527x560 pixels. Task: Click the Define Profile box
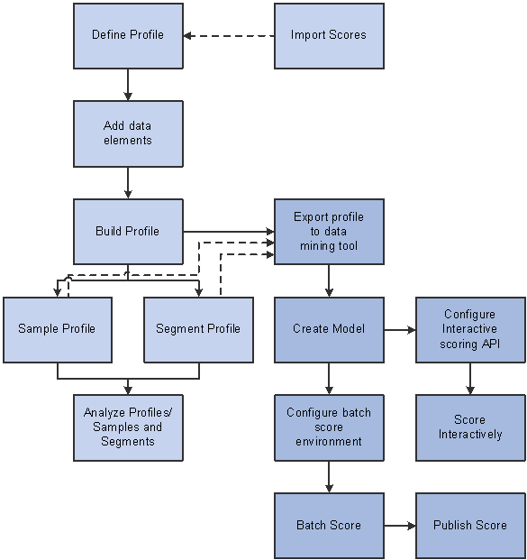coord(128,36)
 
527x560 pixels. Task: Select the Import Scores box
coord(329,36)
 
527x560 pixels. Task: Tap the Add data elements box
coord(128,133)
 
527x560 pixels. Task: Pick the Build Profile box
coord(128,232)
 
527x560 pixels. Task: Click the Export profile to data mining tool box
coord(329,232)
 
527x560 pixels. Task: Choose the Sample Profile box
coord(58,330)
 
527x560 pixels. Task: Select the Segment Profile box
coord(199,330)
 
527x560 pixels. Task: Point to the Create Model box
coord(329,330)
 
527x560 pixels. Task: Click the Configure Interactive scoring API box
coord(470,330)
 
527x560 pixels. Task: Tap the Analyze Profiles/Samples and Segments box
coord(128,427)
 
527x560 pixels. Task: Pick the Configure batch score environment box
coord(329,427)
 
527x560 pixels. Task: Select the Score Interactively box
coord(470,427)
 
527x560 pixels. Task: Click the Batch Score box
coord(329,526)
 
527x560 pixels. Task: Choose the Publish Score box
coord(470,526)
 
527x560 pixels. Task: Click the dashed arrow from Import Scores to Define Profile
coord(229,36)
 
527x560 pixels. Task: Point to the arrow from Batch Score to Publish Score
coord(400,526)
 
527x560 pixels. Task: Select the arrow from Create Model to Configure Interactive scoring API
coord(400,330)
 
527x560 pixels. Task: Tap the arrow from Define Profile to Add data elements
coord(128,85)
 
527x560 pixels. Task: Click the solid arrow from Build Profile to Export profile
coord(229,232)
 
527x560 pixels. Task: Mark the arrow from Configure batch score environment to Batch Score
coord(329,477)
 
